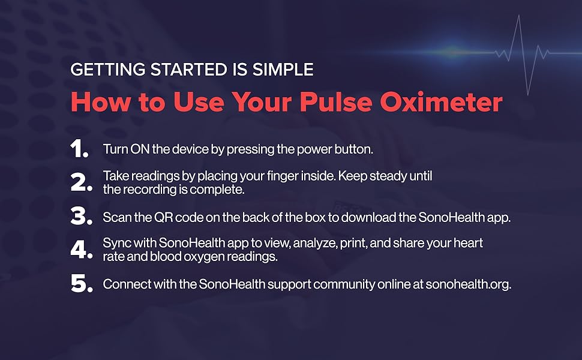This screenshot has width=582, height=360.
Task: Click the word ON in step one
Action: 137,149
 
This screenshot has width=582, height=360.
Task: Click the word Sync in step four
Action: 114,243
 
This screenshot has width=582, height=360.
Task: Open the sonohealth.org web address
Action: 469,284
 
